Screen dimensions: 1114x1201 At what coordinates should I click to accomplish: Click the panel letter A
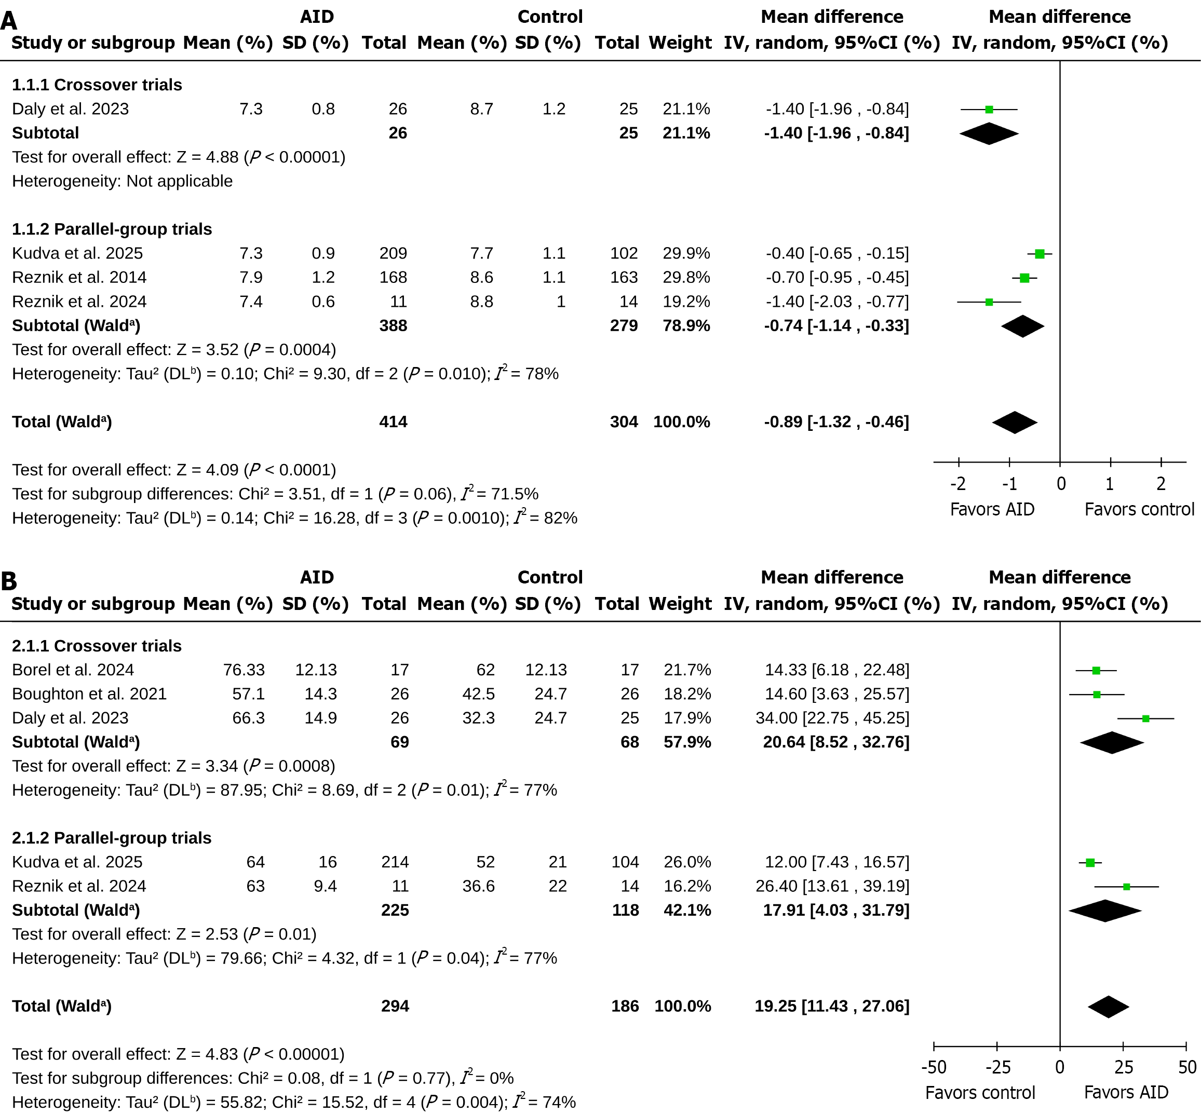[x=8, y=21]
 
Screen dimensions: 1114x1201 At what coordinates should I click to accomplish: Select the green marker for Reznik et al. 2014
[x=1024, y=278]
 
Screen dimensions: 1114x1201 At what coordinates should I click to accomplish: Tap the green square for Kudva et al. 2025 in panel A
[x=1040, y=254]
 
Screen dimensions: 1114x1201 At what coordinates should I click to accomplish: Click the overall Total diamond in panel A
[x=1015, y=422]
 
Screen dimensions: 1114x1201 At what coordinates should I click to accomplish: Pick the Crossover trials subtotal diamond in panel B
[x=1112, y=742]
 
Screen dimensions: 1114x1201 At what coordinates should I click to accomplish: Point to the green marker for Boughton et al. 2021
[x=1097, y=695]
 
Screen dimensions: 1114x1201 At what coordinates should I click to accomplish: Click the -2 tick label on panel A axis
[x=958, y=483]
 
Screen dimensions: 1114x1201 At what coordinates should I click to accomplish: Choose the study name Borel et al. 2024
[x=73, y=670]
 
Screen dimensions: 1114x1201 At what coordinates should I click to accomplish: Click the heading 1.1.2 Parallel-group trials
[x=112, y=229]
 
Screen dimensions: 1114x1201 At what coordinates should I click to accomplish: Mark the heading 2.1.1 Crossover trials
[x=97, y=646]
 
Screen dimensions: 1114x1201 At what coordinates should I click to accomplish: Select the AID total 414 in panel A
[x=393, y=422]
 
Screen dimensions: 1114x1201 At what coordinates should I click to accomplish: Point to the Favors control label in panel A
[x=1139, y=509]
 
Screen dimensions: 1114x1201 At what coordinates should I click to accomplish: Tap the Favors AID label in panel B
[x=1126, y=1092]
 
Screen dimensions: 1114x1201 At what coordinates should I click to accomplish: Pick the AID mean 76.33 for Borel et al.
[x=244, y=670]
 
